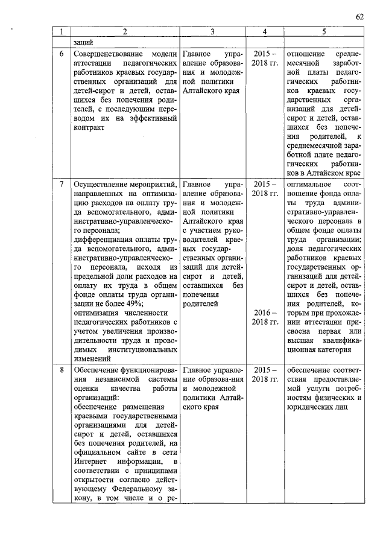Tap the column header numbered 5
324,31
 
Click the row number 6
61,53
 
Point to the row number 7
61,183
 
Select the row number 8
61,369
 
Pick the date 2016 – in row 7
265,313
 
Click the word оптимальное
309,183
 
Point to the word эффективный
152,118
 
